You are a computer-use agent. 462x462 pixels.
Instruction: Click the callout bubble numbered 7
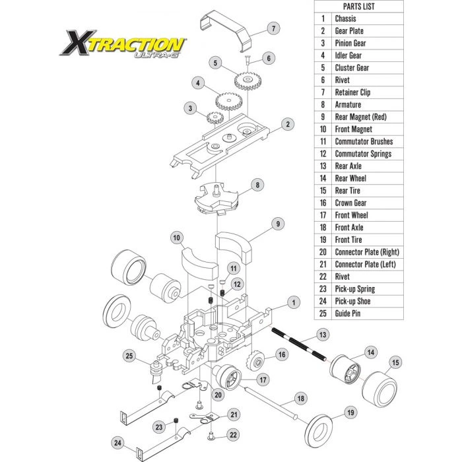click(x=273, y=28)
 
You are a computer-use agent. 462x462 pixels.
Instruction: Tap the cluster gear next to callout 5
click(x=247, y=81)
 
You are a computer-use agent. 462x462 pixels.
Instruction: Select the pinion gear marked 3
click(x=214, y=119)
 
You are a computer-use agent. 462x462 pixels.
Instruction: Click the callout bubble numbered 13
click(x=323, y=335)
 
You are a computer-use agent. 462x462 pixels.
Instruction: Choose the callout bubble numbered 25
click(x=129, y=356)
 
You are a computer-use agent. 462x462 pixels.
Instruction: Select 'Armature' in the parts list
click(x=348, y=104)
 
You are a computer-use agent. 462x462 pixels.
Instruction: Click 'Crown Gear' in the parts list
click(x=350, y=203)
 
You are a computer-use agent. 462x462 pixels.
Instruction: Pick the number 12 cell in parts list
click(x=323, y=154)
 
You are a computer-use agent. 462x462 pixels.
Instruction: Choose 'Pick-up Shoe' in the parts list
click(x=352, y=301)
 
